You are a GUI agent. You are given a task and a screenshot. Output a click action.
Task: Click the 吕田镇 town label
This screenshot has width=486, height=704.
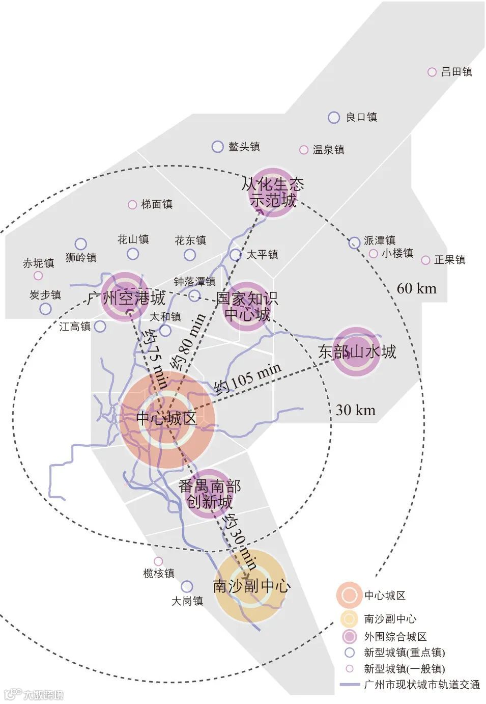click(456, 72)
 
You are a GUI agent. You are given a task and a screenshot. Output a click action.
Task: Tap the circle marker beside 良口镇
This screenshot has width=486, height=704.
click(334, 118)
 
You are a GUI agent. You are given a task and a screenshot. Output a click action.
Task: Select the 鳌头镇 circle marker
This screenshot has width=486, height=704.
click(217, 147)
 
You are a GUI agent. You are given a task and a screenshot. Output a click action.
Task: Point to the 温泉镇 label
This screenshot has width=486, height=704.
click(328, 150)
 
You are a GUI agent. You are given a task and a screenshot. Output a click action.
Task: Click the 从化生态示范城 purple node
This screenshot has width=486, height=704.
click(273, 192)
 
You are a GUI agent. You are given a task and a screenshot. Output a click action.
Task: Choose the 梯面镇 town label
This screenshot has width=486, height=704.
click(157, 204)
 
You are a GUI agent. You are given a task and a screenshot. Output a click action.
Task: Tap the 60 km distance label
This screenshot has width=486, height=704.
click(416, 288)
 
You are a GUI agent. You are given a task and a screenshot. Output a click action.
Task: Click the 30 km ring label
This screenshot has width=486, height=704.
click(355, 410)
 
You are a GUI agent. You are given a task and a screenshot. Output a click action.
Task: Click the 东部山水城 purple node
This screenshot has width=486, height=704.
click(357, 351)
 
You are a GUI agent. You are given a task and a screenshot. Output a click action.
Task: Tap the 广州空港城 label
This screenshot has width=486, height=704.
click(126, 298)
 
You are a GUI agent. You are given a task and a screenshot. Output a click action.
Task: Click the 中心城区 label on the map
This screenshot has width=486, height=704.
click(166, 419)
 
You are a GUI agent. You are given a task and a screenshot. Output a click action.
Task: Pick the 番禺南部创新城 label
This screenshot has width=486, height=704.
click(210, 494)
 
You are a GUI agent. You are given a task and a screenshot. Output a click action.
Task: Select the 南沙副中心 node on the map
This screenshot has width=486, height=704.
click(250, 586)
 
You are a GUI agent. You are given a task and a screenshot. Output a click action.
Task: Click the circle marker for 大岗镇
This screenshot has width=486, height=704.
click(187, 586)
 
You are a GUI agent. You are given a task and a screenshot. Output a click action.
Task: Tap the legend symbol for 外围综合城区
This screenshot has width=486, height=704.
click(349, 636)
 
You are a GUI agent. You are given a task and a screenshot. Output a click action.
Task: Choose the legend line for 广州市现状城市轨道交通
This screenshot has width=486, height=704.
click(350, 684)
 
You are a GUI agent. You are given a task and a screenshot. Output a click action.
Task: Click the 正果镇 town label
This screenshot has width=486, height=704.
click(449, 260)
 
